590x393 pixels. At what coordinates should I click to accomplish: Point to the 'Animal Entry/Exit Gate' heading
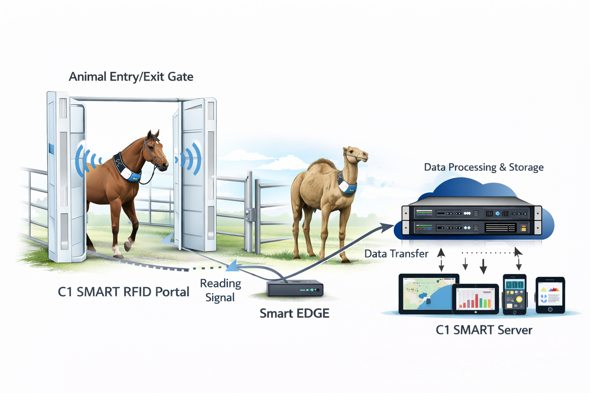131,77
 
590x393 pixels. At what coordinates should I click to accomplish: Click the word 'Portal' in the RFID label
172,292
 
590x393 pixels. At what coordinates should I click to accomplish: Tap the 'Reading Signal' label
220,290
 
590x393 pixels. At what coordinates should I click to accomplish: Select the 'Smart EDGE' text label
294,314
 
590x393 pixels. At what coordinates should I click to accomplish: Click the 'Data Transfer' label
396,254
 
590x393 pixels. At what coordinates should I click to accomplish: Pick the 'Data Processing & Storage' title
484,167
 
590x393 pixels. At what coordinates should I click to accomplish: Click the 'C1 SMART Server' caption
484,330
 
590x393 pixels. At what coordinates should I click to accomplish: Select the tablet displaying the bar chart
475,299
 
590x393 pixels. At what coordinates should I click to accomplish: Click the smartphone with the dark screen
514,294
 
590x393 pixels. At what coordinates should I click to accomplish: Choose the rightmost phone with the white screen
550,295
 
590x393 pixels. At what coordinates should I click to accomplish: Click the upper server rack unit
471,213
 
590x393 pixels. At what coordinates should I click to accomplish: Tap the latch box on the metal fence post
249,215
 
